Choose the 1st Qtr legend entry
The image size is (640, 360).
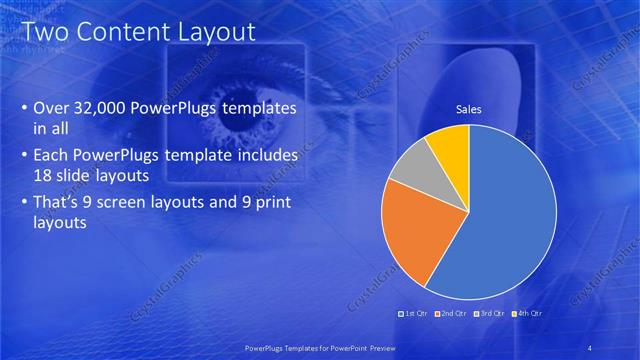point(413,314)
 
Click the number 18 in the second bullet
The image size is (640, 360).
point(45,174)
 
